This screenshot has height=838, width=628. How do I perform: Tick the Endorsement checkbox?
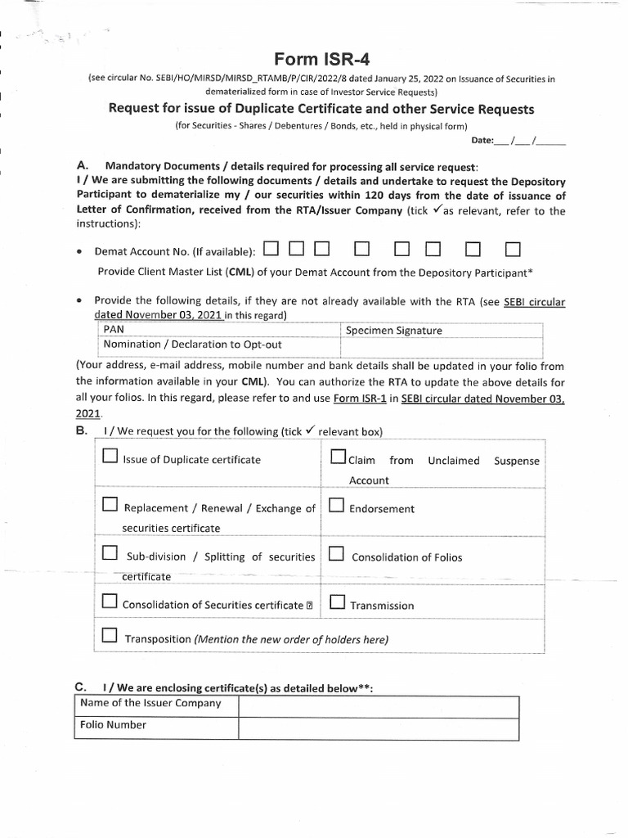(x=336, y=506)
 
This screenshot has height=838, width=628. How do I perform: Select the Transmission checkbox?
(x=336, y=603)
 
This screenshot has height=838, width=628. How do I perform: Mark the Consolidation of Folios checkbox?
(x=336, y=555)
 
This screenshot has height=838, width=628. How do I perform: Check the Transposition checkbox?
(x=110, y=637)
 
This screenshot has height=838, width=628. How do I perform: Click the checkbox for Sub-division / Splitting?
(x=110, y=554)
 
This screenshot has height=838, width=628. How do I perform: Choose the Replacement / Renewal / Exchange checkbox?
(x=110, y=506)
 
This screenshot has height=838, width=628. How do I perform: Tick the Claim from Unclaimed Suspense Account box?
(x=339, y=457)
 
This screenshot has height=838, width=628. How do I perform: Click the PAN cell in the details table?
(x=216, y=330)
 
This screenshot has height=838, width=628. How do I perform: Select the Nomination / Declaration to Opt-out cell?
(x=216, y=345)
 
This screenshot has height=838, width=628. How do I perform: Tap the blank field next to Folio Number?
(x=378, y=726)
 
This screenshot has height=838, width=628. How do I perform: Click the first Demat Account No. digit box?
(x=272, y=248)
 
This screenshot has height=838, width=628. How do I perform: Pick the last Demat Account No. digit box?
(x=513, y=248)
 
